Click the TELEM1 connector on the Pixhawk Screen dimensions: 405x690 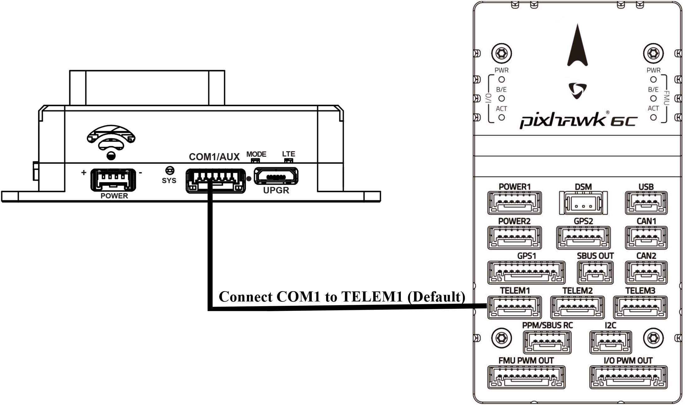[x=514, y=307]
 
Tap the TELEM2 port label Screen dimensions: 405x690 [x=577, y=291]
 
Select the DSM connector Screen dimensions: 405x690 [x=583, y=203]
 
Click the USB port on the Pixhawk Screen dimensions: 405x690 [x=646, y=203]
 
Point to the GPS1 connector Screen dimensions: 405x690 [x=526, y=272]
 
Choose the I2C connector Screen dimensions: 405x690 [x=610, y=342]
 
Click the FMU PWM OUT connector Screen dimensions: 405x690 [x=526, y=377]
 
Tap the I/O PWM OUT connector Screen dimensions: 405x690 [x=628, y=377]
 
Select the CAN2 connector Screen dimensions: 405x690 [x=646, y=272]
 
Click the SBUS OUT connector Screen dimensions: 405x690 [x=595, y=272]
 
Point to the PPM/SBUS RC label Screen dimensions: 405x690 [x=547, y=325]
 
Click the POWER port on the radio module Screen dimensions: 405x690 [x=113, y=180]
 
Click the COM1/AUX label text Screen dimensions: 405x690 [x=214, y=157]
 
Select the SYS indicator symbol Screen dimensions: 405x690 [x=170, y=170]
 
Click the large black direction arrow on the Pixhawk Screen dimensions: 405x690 [x=577, y=47]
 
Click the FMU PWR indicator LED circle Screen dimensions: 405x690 [x=653, y=80]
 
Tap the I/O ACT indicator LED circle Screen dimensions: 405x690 [x=502, y=118]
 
